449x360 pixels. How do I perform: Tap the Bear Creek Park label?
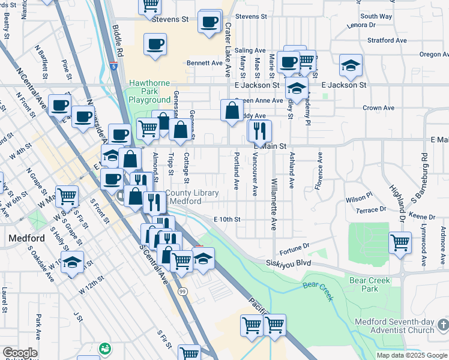click(370, 284)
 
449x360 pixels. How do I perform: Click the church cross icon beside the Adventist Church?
click(443, 325)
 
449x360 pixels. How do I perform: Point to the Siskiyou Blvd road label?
click(290, 263)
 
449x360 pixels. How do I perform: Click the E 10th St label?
click(227, 220)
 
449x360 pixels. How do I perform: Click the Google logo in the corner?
click(19, 353)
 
